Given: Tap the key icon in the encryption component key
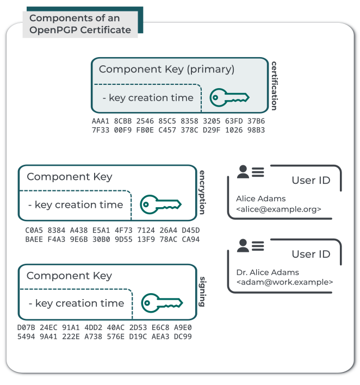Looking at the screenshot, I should [160, 204].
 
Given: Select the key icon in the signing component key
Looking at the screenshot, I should [162, 303].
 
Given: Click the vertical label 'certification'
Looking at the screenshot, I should [274, 85].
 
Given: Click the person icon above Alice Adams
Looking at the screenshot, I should [243, 172].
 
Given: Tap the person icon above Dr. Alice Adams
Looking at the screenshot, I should [243, 246].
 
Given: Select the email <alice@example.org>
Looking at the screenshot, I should [278, 209].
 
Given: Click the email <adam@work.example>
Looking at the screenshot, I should [284, 282].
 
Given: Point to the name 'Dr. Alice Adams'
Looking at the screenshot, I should [268, 272].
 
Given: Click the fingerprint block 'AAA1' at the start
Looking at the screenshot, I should [101, 121].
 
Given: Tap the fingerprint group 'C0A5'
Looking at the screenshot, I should [34, 230].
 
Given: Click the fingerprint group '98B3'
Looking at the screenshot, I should [256, 130].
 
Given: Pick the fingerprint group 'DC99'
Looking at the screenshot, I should [182, 337].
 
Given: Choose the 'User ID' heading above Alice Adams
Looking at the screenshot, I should [311, 181].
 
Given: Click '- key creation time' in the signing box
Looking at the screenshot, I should [76, 303].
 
